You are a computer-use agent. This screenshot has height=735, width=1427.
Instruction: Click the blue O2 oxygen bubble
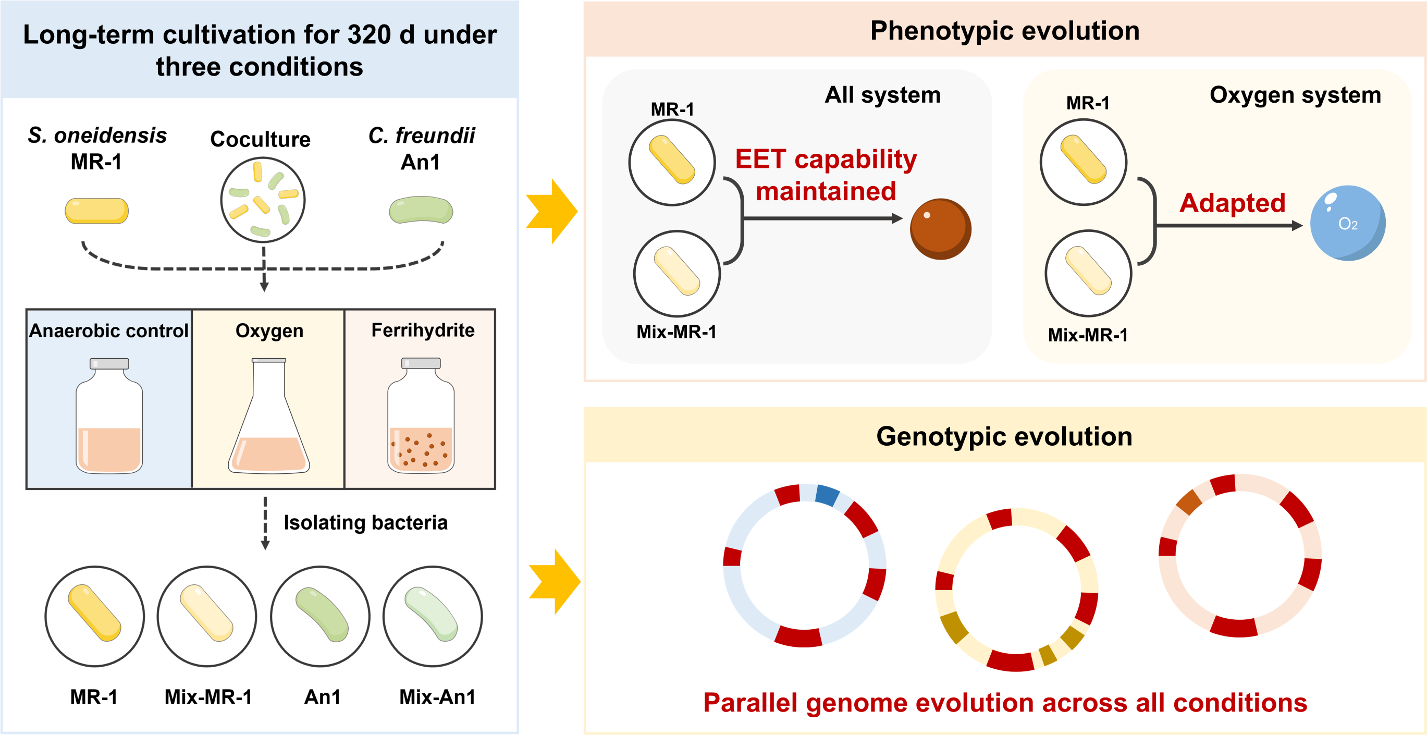(x=1347, y=223)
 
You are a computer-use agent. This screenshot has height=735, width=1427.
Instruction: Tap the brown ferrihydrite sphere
(x=941, y=229)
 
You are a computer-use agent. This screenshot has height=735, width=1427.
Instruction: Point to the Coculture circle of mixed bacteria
(x=263, y=200)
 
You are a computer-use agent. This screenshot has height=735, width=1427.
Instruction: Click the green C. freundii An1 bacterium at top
(x=421, y=210)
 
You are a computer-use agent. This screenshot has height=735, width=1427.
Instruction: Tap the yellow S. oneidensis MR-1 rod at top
(x=97, y=211)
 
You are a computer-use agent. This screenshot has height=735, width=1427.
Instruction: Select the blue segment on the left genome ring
(x=827, y=495)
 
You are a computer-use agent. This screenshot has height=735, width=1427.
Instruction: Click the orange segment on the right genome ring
(x=1189, y=502)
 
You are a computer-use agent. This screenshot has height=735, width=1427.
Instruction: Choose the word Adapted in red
(x=1232, y=203)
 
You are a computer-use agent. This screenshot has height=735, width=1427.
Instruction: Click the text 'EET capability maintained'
(x=826, y=175)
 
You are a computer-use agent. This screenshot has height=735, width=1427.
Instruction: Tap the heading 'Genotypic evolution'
(x=1004, y=436)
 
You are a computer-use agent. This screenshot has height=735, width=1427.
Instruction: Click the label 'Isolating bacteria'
(x=365, y=522)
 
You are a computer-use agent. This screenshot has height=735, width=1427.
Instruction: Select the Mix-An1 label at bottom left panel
(x=437, y=696)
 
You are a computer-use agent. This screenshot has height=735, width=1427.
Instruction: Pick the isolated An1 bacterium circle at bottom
(x=320, y=616)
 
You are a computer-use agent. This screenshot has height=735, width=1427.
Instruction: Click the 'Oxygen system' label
(x=1295, y=95)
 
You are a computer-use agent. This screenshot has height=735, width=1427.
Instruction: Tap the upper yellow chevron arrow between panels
(x=551, y=211)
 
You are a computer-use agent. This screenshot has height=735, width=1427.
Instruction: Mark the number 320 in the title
(x=370, y=35)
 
